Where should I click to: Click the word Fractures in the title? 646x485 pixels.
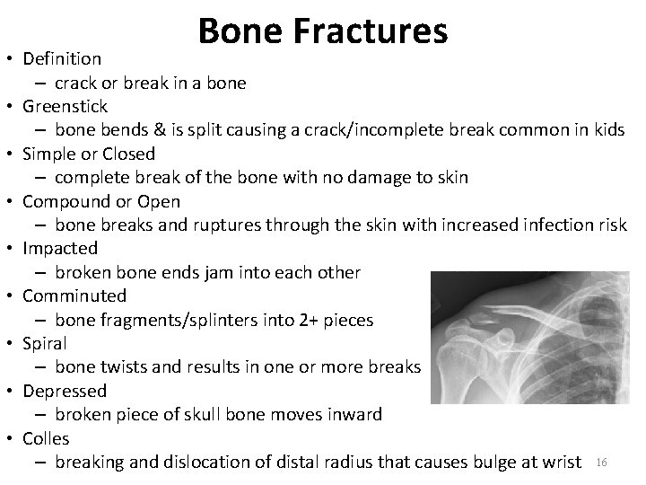pos(371,31)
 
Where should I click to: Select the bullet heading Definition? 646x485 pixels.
pos(62,59)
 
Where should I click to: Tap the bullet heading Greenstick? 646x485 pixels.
pos(65,107)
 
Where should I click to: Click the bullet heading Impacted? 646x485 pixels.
pos(60,248)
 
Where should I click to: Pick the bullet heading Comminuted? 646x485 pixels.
pos(74,295)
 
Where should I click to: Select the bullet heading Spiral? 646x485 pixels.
pos(45,343)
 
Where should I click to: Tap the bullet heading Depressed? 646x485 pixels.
pos(65,391)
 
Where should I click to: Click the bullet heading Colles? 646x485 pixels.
pos(46,438)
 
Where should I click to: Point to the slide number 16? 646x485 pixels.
pos(602,463)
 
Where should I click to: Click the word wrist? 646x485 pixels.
pos(559,462)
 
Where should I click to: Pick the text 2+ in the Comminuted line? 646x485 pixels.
pos(308,320)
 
